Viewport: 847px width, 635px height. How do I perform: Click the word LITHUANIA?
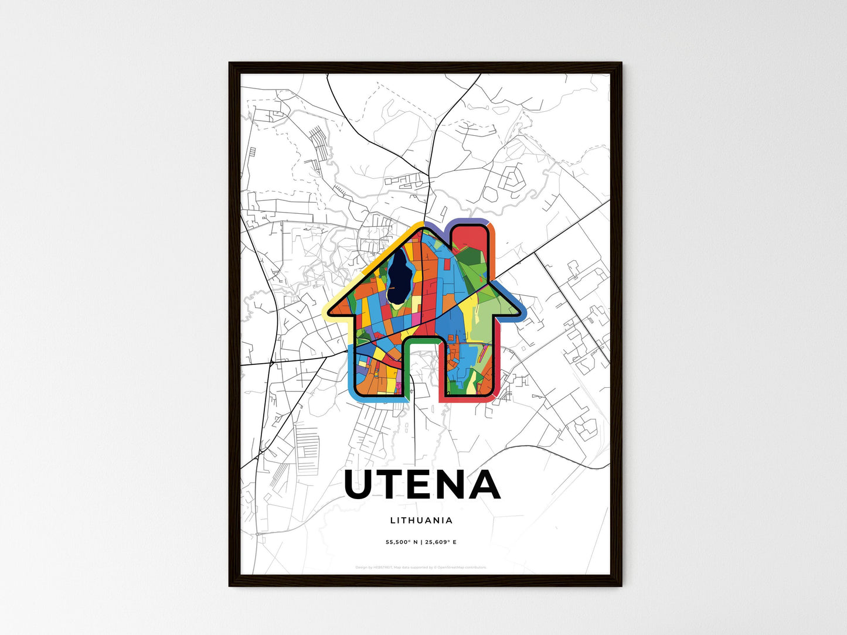pos(421,520)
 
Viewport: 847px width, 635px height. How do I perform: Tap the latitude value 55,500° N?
pos(402,542)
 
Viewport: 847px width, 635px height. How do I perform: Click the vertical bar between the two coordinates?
pos(421,542)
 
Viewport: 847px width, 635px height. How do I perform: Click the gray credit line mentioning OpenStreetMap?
pos(421,567)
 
